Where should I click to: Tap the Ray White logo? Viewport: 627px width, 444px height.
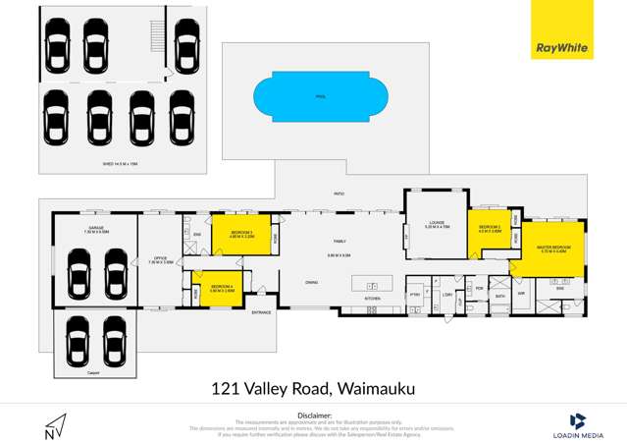coord(561,29)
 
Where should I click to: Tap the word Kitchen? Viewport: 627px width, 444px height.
coord(372,298)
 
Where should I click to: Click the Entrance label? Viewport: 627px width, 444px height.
coord(261,313)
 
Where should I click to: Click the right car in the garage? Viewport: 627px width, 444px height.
coord(116,271)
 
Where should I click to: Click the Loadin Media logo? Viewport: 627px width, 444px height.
coord(578,423)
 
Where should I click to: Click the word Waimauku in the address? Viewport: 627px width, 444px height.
coord(377,389)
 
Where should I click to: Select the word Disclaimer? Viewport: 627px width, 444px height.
coord(314,415)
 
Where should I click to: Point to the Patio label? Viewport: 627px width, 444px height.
coord(339,194)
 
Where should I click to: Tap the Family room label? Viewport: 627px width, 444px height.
coord(340,242)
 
